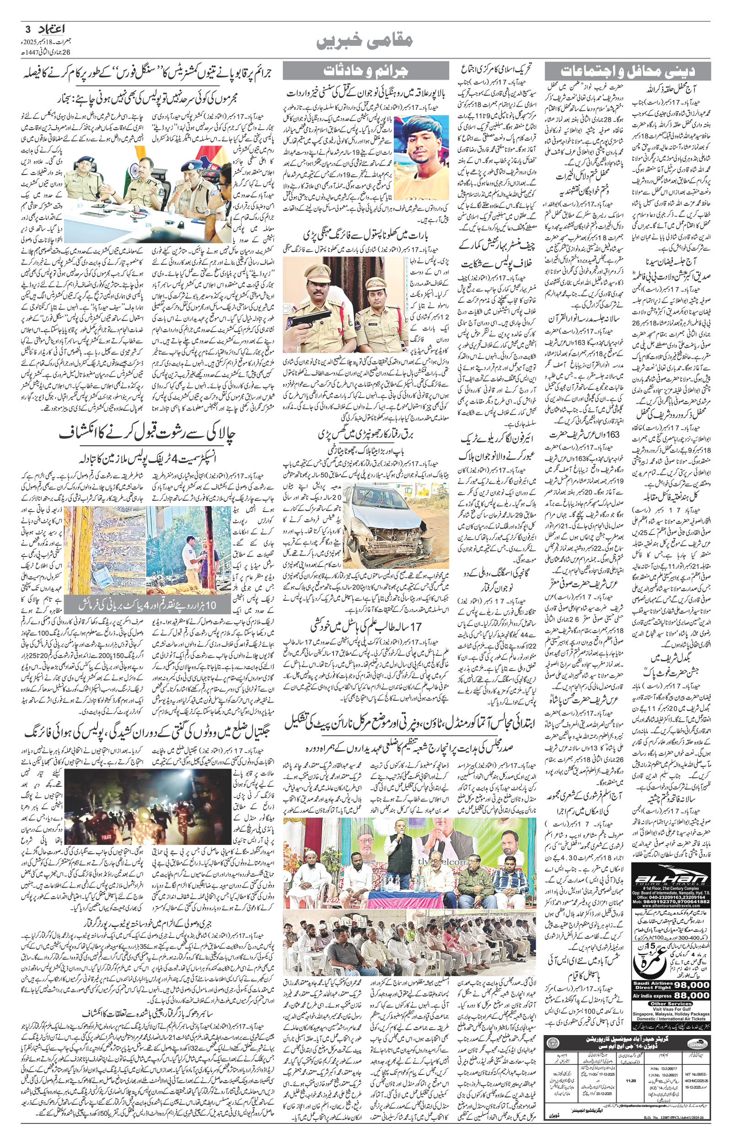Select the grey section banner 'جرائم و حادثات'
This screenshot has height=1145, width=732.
click(x=366, y=71)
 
